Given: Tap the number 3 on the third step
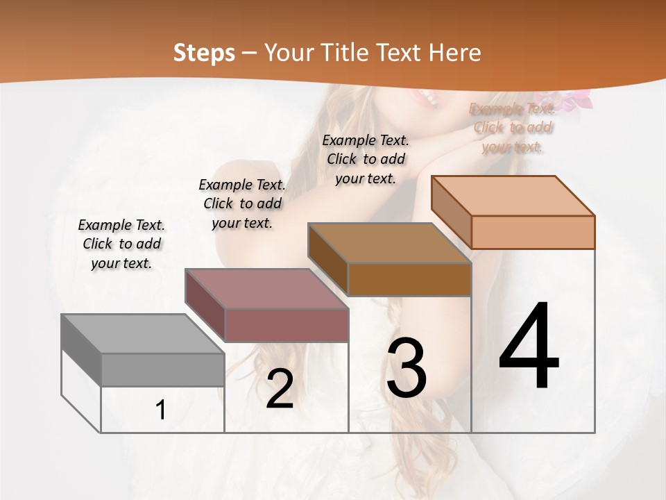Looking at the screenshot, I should click(x=406, y=368).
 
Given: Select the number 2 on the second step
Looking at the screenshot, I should click(x=280, y=390).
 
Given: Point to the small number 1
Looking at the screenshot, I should click(x=161, y=410).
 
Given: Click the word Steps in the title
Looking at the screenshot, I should click(x=204, y=53).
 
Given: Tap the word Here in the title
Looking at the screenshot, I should click(x=454, y=53).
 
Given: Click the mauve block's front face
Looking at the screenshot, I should click(x=287, y=325).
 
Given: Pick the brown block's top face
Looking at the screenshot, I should click(x=389, y=243).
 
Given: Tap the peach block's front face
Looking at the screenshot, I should click(x=533, y=232).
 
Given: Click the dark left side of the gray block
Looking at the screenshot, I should click(x=81, y=349).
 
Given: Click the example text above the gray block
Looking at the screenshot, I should click(x=121, y=244).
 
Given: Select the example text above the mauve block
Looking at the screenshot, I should click(x=242, y=203).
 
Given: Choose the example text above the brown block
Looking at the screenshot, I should click(x=366, y=159).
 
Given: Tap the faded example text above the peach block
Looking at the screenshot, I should click(x=513, y=127).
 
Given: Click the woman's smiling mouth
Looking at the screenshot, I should click(x=427, y=100).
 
